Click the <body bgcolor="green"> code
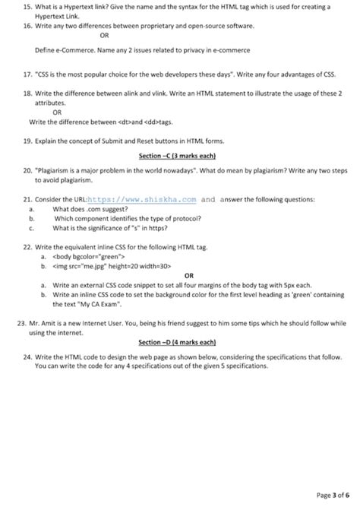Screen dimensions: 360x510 (90, 257)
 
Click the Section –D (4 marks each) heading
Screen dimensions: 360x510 (180, 342)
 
